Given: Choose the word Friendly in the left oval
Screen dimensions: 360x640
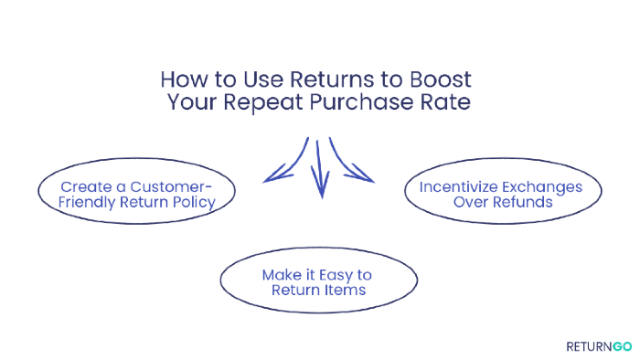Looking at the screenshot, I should click(x=90, y=203).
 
